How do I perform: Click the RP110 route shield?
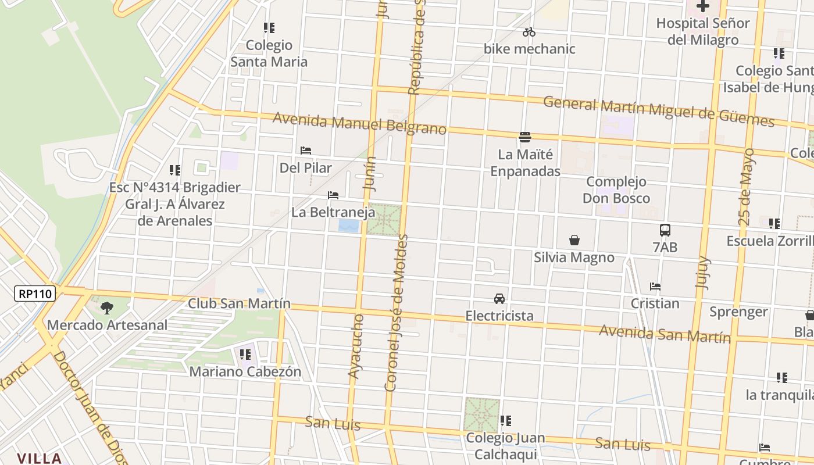tap(35, 294)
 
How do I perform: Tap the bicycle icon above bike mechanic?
tap(529, 32)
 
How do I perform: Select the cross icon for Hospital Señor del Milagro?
tap(703, 6)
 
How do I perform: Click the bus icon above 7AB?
tap(665, 230)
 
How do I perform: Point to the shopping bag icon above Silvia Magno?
tap(574, 240)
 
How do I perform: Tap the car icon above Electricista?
tap(499, 299)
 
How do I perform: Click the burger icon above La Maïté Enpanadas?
tap(525, 137)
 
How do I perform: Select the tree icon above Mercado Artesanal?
tap(106, 307)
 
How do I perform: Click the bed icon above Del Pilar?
tap(306, 151)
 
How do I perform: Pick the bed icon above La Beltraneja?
tap(333, 195)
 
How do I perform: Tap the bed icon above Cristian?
tap(655, 287)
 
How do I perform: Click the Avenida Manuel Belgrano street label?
tap(359, 123)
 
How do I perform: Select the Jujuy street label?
tap(703, 272)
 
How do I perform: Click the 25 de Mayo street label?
tap(748, 187)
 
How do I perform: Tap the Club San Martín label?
tap(239, 303)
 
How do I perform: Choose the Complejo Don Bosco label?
tap(616, 190)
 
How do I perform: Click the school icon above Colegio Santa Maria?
tap(269, 27)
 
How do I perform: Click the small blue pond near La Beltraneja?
tap(349, 225)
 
